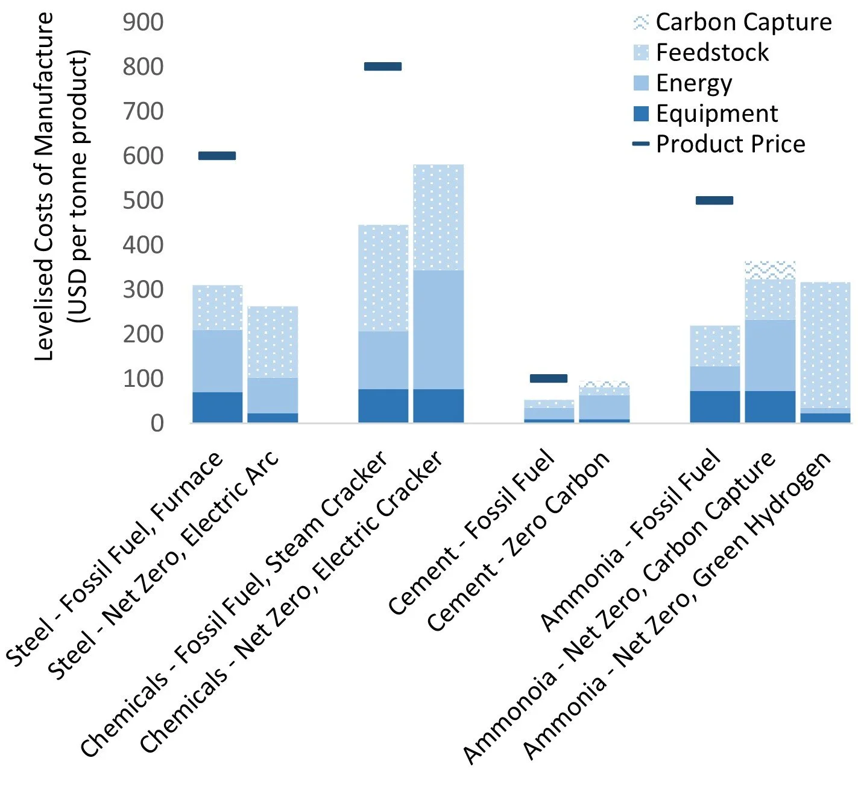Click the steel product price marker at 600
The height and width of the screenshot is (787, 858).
pyautogui.click(x=217, y=156)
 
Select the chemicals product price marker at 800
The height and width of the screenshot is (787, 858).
pyautogui.click(x=383, y=66)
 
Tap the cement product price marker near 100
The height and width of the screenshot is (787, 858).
pyautogui.click(x=548, y=378)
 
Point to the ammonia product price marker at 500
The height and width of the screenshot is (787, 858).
pyautogui.click(x=714, y=200)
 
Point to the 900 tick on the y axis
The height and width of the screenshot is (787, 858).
pyautogui.click(x=143, y=22)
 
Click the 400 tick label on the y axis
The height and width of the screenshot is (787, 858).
pyautogui.click(x=143, y=245)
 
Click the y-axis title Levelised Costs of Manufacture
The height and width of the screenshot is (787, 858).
pyautogui.click(x=45, y=187)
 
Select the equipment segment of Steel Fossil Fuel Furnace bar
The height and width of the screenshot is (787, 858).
pyautogui.click(x=217, y=407)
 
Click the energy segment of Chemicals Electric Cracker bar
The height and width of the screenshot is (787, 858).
pyautogui.click(x=438, y=330)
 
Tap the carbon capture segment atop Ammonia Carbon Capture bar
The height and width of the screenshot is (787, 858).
pyautogui.click(x=770, y=270)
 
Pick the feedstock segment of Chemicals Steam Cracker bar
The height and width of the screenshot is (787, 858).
pyautogui.click(x=383, y=278)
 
